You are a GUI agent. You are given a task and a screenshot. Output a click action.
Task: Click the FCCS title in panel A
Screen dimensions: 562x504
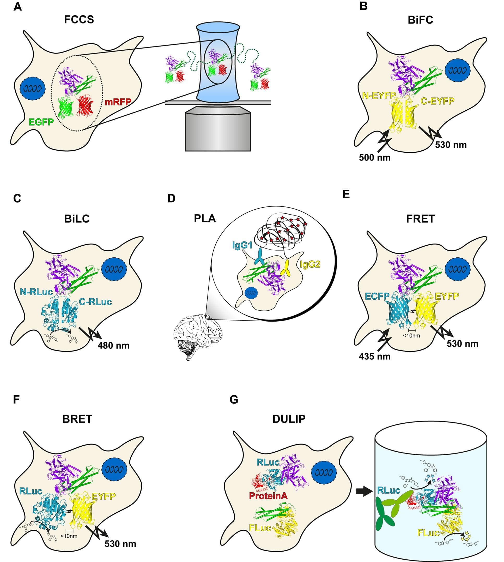pos(79,20)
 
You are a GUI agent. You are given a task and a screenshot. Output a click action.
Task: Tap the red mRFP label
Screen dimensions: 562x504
pos(118,102)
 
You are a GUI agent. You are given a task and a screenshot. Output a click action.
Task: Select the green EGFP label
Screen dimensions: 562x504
pos(41,122)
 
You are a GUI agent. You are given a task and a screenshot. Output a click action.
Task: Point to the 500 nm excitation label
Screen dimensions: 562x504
pos(375,158)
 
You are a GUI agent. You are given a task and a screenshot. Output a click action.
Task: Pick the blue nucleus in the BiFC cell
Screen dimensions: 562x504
pos(458,71)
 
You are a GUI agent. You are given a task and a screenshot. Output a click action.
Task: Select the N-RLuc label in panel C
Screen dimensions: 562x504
pos(36,292)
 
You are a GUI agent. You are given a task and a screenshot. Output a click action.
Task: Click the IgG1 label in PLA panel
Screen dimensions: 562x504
pos(242,245)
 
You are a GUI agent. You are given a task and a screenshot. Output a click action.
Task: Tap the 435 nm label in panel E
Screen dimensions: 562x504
pos(375,357)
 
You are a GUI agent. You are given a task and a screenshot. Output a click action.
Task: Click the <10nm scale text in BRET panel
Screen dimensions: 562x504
pos(69,536)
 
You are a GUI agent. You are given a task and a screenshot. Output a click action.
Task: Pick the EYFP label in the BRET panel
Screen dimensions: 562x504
pos(104,496)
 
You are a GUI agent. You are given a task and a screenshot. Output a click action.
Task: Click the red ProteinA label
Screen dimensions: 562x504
pos(268,496)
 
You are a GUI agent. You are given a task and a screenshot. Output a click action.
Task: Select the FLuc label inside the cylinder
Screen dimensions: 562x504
pos(428,533)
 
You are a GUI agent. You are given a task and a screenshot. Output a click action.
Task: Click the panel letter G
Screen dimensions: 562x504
pos(234,400)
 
